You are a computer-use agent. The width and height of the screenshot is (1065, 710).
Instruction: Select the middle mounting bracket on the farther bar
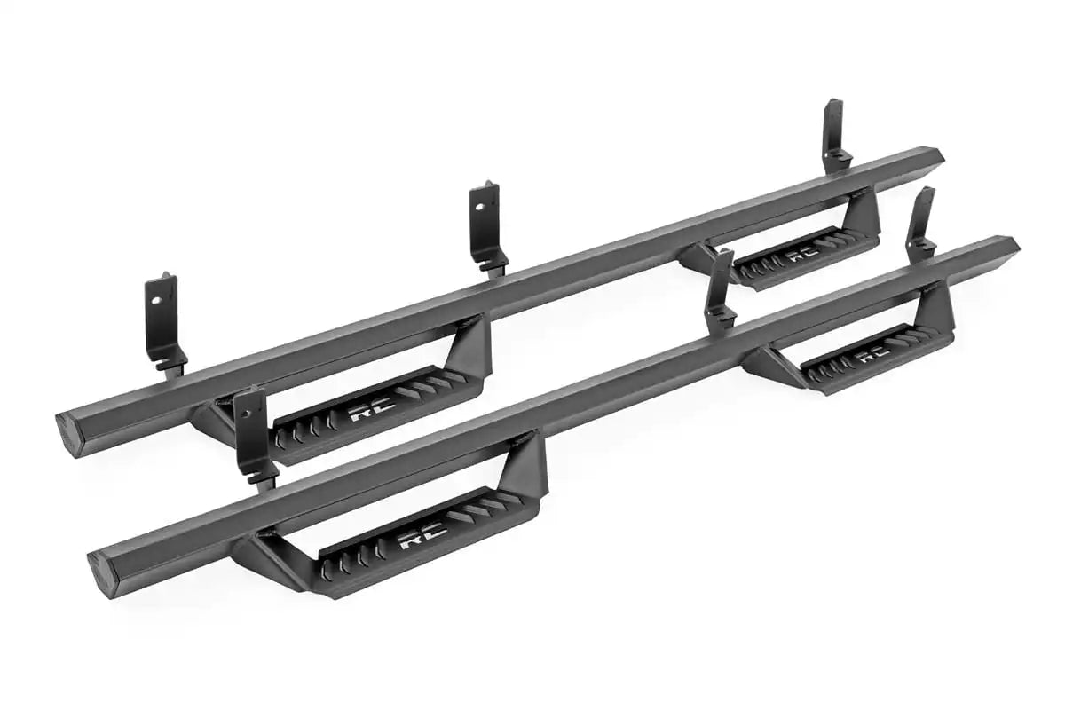click(x=486, y=226)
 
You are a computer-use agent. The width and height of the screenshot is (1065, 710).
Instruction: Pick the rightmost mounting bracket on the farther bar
click(x=834, y=133)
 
